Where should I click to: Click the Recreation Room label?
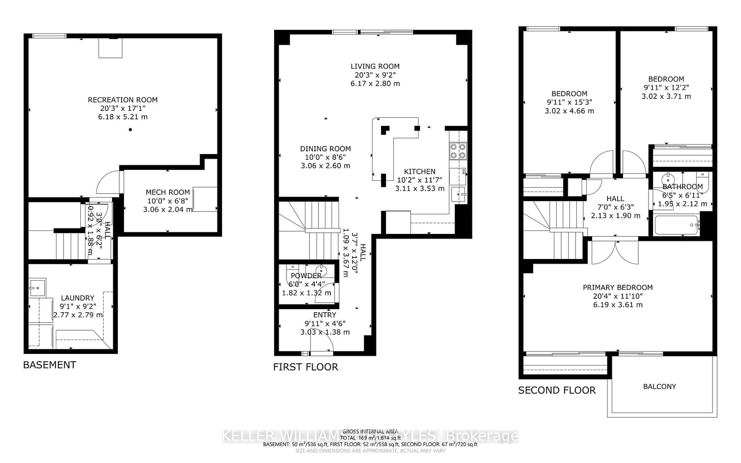point(123,100)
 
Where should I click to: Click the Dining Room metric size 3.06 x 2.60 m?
point(325,166)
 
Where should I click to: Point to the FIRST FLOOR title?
point(306,367)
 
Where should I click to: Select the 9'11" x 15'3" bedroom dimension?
point(569,102)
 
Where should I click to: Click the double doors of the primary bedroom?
point(615,253)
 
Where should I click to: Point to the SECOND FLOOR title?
point(557,390)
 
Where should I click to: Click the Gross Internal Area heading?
point(370,432)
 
